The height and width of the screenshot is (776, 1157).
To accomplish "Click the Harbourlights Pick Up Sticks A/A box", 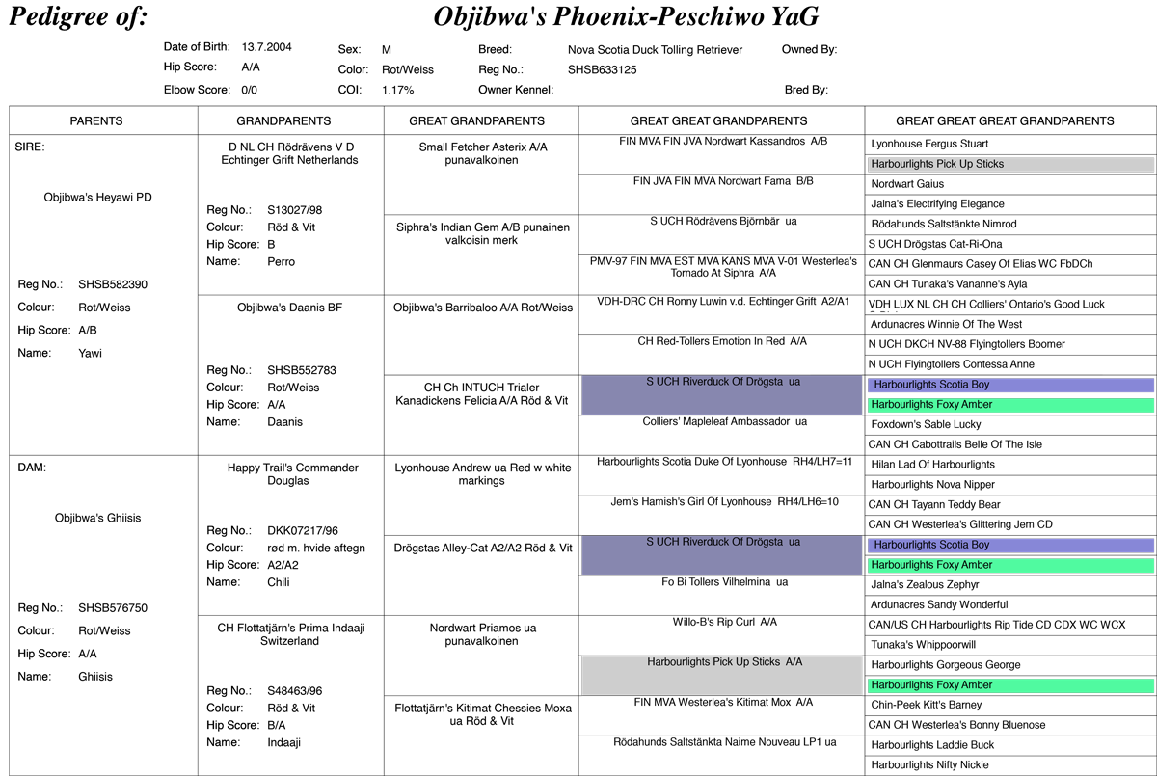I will [721, 676].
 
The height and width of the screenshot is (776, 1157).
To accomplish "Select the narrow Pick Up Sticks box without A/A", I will [1010, 165].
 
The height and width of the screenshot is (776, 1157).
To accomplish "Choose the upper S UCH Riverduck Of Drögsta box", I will [721, 395].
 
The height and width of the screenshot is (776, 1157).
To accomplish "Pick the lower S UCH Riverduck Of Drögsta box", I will [721, 556].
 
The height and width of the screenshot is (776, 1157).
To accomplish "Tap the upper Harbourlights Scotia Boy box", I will [1010, 386].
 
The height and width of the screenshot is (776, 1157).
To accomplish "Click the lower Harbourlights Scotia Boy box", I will [1010, 546].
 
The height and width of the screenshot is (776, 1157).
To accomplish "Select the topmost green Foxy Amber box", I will [1010, 406].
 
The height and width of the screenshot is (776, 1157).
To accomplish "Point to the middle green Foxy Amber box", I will [1010, 566].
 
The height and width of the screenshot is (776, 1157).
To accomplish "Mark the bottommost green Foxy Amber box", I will [1010, 685].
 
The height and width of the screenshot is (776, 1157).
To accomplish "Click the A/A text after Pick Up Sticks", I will [794, 662].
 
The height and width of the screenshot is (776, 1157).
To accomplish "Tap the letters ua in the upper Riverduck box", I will [794, 382].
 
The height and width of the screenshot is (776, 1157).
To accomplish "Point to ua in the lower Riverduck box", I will [794, 542].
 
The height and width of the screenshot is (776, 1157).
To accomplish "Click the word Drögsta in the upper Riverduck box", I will [764, 382].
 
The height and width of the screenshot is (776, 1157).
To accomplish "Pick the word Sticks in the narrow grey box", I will [989, 165].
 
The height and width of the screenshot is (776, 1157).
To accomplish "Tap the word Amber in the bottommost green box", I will [977, 685].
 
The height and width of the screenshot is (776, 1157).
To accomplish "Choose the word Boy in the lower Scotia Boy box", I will [980, 546].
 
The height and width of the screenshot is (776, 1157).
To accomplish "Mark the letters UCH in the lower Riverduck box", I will [667, 542].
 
